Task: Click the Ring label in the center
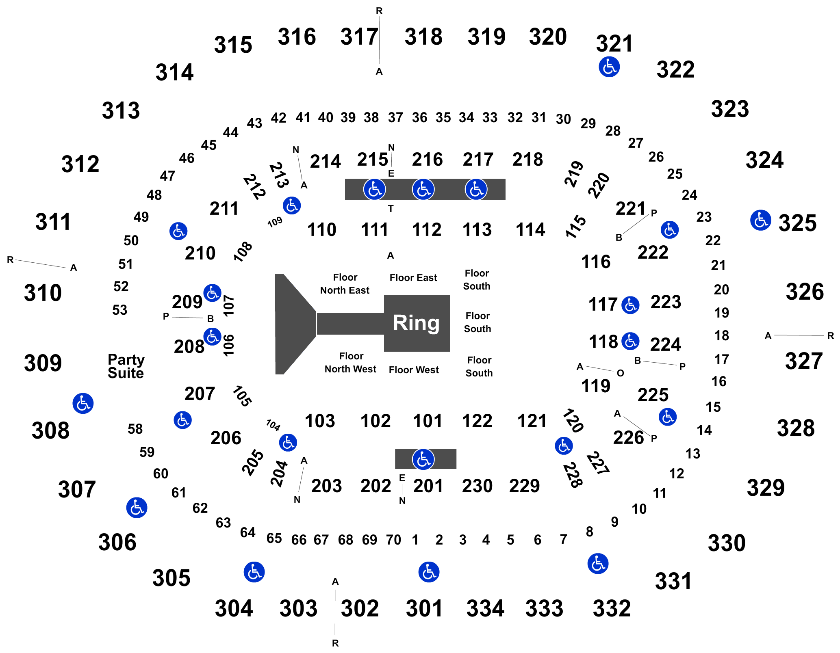pyautogui.click(x=416, y=323)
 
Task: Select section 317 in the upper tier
pyautogui.click(x=359, y=37)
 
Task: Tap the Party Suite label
pyautogui.click(x=126, y=366)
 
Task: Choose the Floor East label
pyautogui.click(x=413, y=278)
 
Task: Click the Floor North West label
pyautogui.click(x=350, y=363)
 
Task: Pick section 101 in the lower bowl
pyautogui.click(x=428, y=421)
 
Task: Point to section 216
pyautogui.click(x=427, y=160)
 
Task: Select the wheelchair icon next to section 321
pyautogui.click(x=609, y=67)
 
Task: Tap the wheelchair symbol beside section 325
pyautogui.click(x=761, y=221)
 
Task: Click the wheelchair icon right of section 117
pyautogui.click(x=630, y=305)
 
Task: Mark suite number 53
pyautogui.click(x=120, y=310)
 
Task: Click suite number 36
pyautogui.click(x=420, y=118)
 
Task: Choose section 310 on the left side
pyautogui.click(x=43, y=293)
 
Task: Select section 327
pyautogui.click(x=804, y=361)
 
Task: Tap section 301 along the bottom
pyautogui.click(x=424, y=608)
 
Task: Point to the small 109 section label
pyautogui.click(x=275, y=222)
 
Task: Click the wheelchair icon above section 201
pyautogui.click(x=423, y=460)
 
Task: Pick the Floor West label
pyautogui.click(x=414, y=370)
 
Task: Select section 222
pyautogui.click(x=653, y=253)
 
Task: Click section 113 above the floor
pyautogui.click(x=477, y=230)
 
